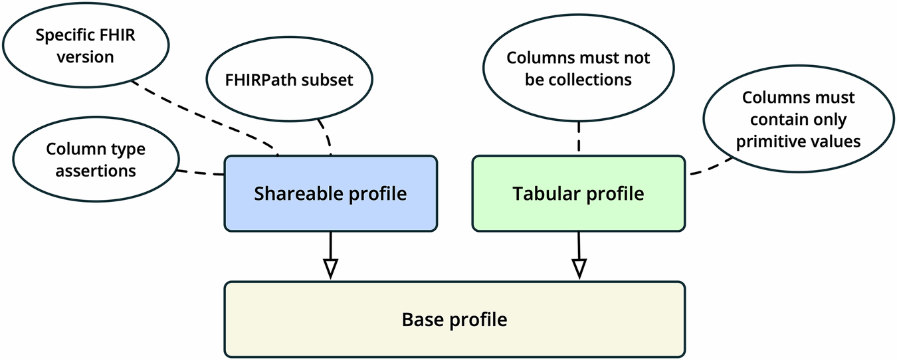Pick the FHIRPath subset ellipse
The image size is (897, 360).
[x=289, y=80]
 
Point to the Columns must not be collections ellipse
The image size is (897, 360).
[x=578, y=68]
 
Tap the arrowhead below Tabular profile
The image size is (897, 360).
[x=579, y=268]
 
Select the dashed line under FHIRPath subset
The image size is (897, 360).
[x=326, y=136]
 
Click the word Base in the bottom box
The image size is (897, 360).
[x=423, y=320]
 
